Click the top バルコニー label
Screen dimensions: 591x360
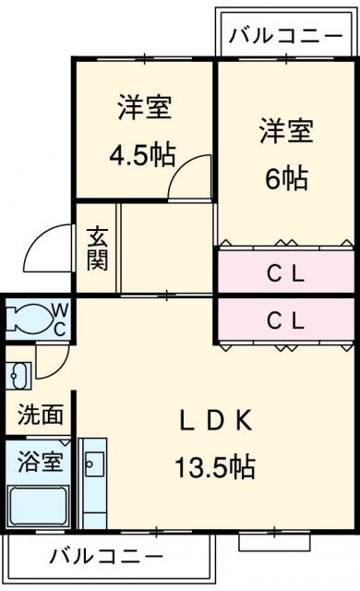click(285, 37)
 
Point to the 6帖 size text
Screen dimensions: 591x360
click(285, 178)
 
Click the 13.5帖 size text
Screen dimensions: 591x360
click(215, 467)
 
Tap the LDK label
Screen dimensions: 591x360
click(215, 420)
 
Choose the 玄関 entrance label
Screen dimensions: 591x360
click(98, 247)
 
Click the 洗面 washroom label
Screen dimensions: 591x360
click(41, 415)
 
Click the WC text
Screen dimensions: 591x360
click(57, 320)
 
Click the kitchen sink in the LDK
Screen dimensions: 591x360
click(93, 461)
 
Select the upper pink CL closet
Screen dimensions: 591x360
click(285, 273)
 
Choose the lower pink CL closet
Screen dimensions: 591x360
click(285, 320)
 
